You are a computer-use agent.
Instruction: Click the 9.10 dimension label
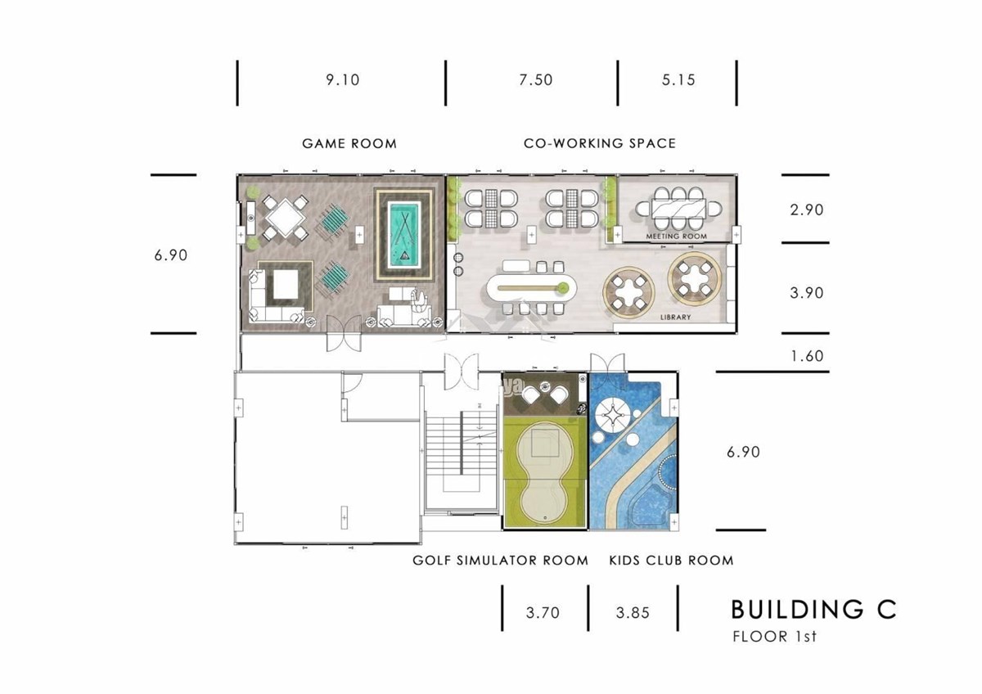(342, 79)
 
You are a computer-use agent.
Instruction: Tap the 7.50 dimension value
(536, 79)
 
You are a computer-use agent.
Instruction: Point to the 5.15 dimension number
(678, 79)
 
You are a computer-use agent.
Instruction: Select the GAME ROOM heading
(349, 144)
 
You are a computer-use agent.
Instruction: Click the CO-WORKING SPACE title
(600, 143)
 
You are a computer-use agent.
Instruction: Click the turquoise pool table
(404, 235)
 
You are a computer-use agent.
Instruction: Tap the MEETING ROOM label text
(677, 237)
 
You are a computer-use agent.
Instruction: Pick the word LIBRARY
(676, 317)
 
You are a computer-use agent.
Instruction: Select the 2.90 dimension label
(807, 210)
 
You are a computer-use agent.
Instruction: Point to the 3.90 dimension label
(807, 293)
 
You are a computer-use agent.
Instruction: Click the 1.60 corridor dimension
(807, 356)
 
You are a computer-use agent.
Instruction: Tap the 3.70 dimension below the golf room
(543, 612)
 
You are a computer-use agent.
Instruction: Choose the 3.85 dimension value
(633, 612)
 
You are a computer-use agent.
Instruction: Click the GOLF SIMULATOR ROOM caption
(500, 561)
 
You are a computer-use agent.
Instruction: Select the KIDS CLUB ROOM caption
(671, 561)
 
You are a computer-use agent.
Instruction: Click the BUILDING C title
(813, 610)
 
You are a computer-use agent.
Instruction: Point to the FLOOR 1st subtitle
(775, 637)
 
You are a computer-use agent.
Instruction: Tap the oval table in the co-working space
(531, 288)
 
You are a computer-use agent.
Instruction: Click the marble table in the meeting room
(678, 209)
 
